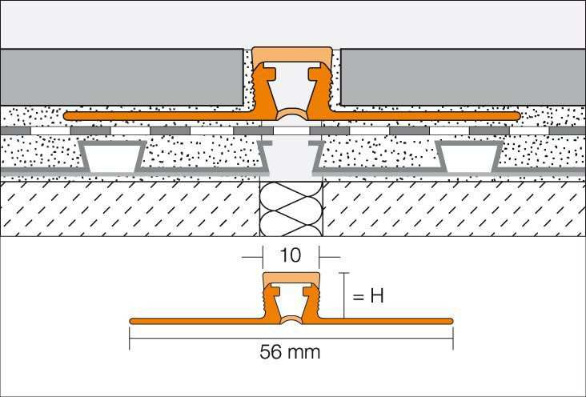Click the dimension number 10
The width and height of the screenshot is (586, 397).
pos(290,255)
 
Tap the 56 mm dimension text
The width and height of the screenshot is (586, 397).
pos(290,351)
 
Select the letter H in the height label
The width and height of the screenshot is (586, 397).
pos(377,296)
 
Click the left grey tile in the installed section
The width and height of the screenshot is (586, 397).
pos(122,77)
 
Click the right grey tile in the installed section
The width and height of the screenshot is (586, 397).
pos(463,77)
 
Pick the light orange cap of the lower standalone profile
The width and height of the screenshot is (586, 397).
pos(291,279)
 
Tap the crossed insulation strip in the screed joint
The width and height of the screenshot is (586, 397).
pos(291,209)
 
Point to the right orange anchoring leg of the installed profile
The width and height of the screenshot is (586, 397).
pos(423,116)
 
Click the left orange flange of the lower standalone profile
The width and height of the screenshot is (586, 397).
pos(196,321)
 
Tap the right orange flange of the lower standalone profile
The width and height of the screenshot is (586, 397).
pos(386,321)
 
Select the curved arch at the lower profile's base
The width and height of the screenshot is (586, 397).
pos(291,319)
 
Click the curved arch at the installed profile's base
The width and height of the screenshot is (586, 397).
pos(291,114)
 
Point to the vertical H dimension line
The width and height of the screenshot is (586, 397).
pos(343,295)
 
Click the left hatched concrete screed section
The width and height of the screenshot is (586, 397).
pos(130,209)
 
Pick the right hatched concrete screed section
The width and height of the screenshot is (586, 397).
pos(454,209)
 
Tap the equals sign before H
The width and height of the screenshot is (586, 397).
pos(358,297)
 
